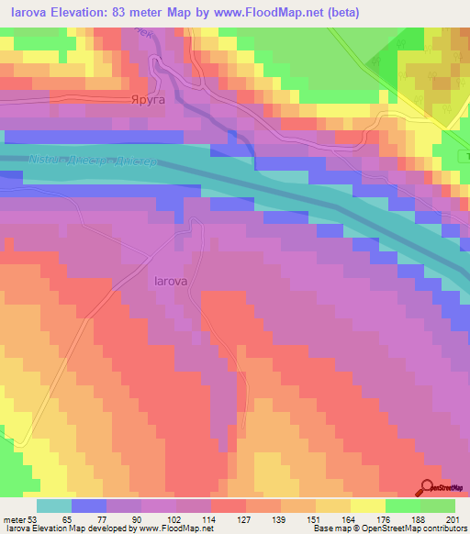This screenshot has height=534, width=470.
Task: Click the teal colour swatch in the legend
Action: click(x=53, y=505)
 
